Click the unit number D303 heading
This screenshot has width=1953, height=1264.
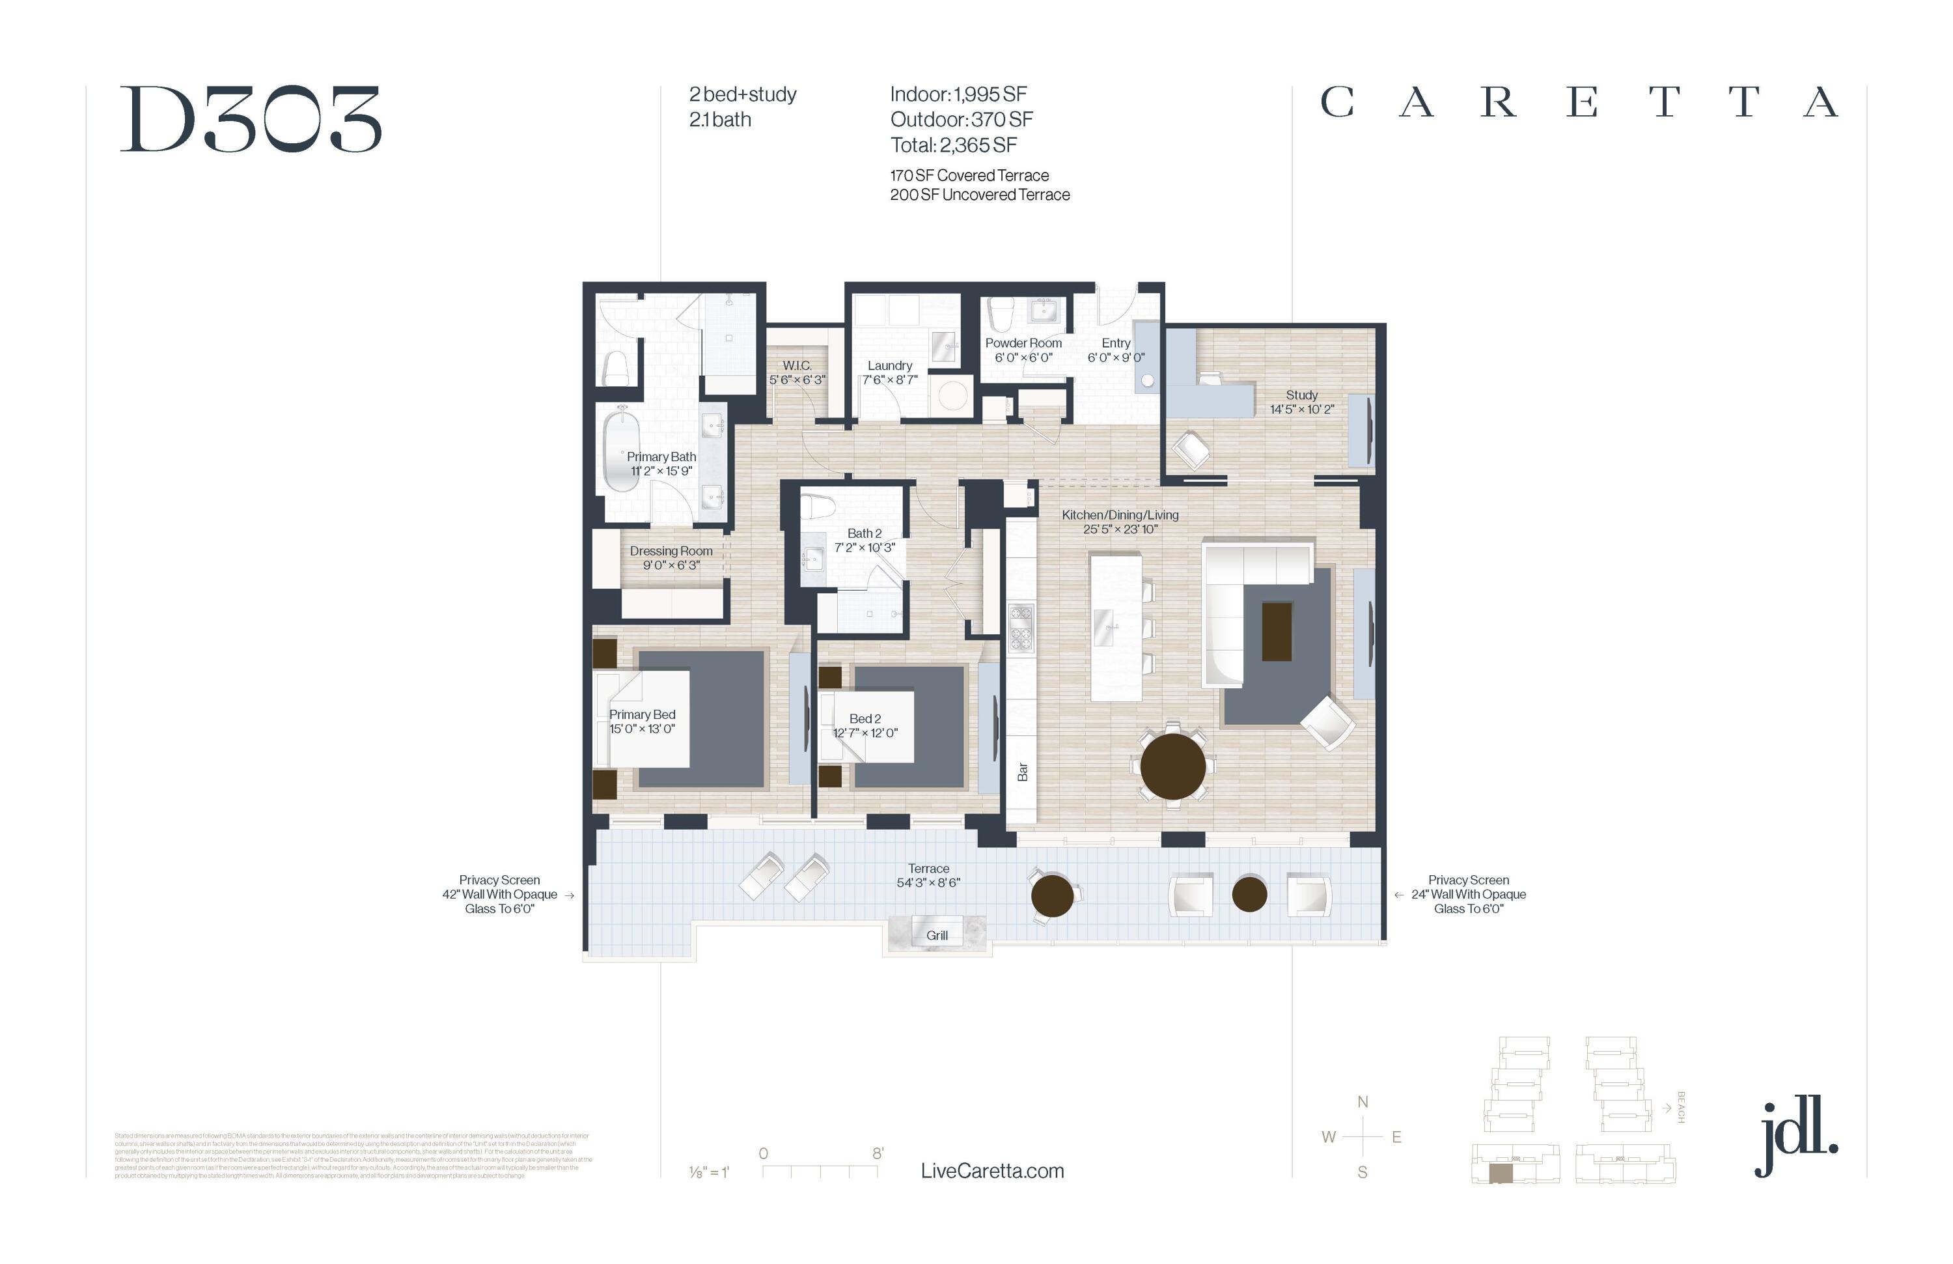click(250, 120)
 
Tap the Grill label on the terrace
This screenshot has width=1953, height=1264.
click(936, 935)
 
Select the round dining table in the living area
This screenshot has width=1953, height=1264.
click(1172, 766)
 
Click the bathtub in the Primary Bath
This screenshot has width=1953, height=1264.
click(621, 452)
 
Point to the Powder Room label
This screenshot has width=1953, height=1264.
click(1023, 343)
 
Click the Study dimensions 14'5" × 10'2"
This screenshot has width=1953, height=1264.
click(1301, 409)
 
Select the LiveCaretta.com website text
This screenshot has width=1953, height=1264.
click(991, 1170)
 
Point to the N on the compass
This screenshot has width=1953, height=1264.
click(1362, 1101)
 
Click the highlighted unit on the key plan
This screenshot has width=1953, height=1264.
click(1500, 1173)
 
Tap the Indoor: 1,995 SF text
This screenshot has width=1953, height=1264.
click(958, 94)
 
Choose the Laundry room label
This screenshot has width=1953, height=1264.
click(889, 365)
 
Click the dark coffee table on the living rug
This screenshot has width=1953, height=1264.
click(1276, 630)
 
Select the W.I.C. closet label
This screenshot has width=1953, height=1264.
click(796, 365)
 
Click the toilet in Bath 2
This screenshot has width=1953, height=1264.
click(817, 507)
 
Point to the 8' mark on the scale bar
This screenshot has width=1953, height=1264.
click(877, 1153)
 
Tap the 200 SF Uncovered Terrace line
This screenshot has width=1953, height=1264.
click(979, 195)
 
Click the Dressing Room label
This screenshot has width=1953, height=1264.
click(671, 551)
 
